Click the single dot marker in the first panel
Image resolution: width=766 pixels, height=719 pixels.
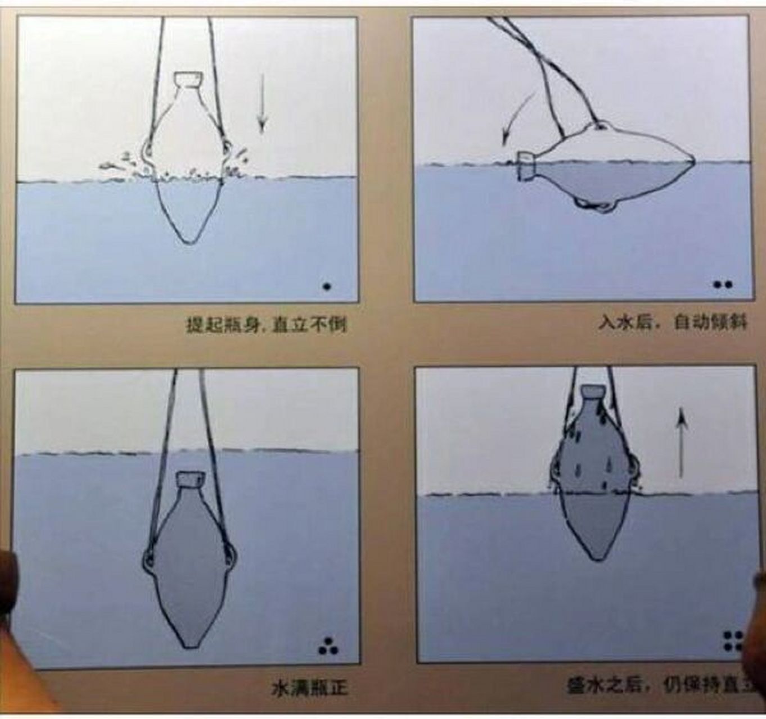tap(327, 286)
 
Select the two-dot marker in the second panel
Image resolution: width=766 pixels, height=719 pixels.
tap(723, 285)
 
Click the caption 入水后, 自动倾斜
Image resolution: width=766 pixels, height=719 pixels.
tap(672, 322)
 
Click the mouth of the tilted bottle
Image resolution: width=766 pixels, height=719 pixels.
tap(526, 166)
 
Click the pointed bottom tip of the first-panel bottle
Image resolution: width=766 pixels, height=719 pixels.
tap(187, 242)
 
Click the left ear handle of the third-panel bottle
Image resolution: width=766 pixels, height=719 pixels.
tap(148, 558)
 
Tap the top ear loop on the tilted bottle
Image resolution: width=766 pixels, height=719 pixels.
tap(600, 125)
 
